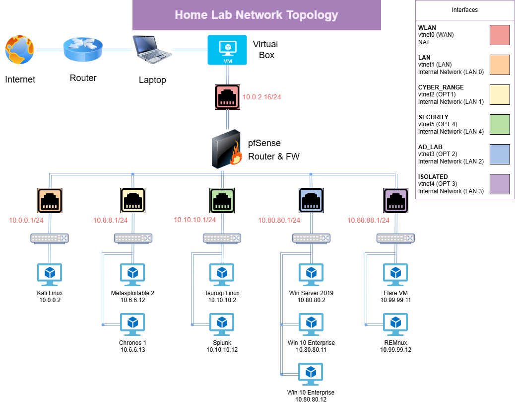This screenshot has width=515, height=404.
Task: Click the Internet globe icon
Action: click(20, 50)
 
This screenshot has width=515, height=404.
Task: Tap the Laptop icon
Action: click(152, 50)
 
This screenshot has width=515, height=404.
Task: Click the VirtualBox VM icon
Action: click(227, 50)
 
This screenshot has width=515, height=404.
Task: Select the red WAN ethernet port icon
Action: click(227, 97)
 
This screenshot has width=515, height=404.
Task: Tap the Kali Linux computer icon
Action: click(50, 275)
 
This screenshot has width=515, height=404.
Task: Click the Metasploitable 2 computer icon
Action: click(132, 275)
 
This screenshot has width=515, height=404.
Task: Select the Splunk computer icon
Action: click(222, 324)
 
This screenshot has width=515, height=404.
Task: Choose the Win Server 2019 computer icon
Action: click(311, 275)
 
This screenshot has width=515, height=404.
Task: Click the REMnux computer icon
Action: click(395, 324)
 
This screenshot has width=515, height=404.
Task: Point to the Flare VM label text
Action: click(395, 293)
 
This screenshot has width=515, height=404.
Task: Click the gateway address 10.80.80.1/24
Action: click(279, 220)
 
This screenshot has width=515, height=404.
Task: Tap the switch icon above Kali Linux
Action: click(50, 239)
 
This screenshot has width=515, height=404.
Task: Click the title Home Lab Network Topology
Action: click(257, 15)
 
